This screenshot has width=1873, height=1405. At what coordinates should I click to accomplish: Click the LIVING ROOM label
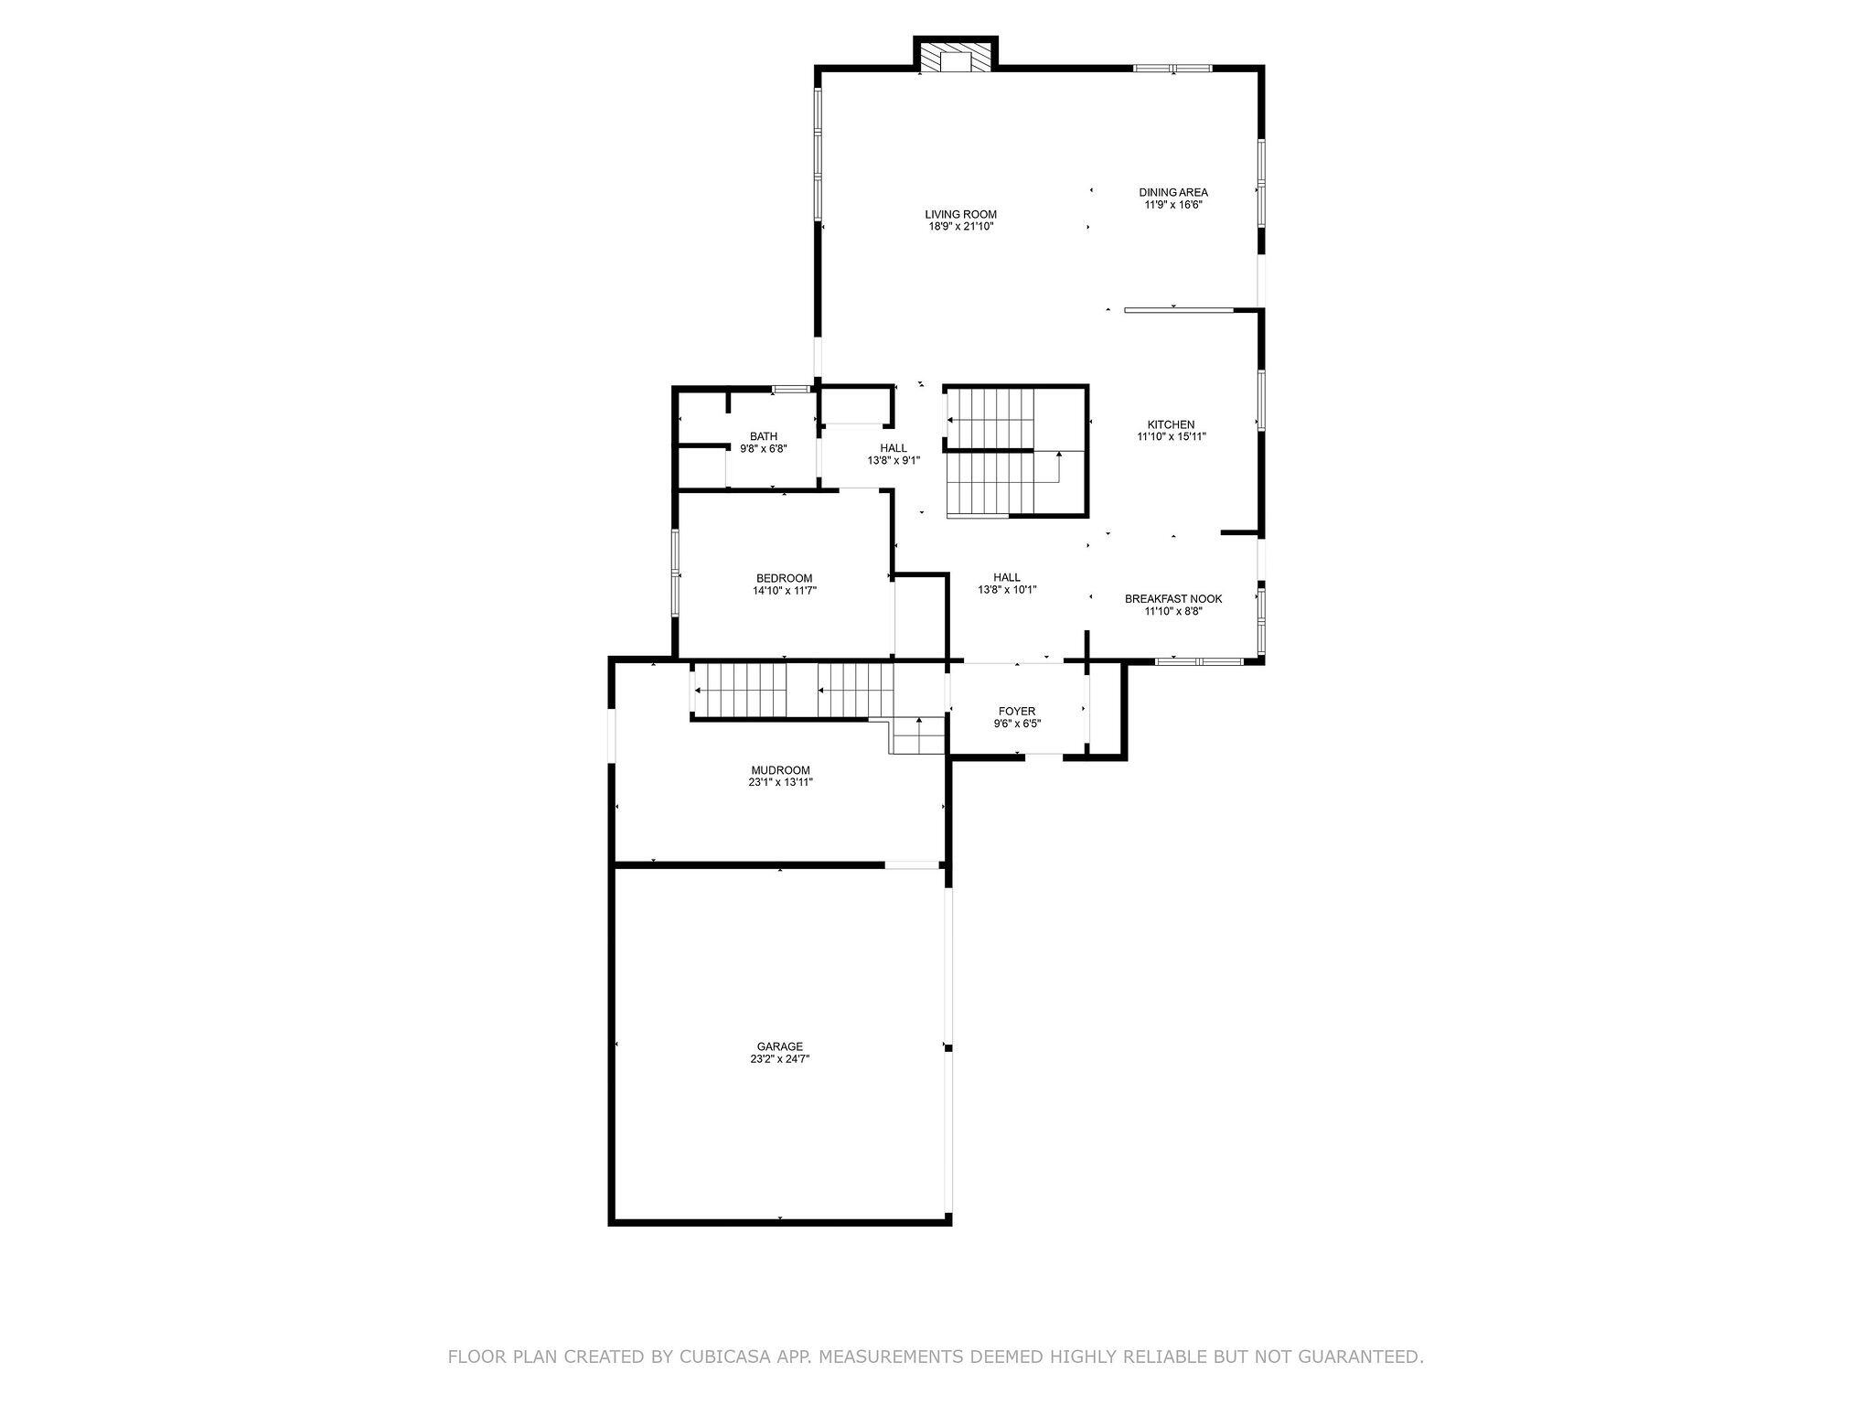(x=960, y=215)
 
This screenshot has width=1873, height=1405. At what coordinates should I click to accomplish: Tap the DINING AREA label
(x=1173, y=192)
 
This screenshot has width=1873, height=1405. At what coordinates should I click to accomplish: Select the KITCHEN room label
(x=1171, y=424)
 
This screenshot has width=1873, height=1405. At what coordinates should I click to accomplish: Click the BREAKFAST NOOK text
(x=1173, y=599)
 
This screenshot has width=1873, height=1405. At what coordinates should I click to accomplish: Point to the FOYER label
(x=1017, y=711)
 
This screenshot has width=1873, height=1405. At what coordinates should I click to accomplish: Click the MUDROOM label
(x=780, y=770)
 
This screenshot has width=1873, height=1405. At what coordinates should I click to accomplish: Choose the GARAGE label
(x=780, y=1046)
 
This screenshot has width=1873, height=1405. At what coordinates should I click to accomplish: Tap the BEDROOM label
(x=784, y=578)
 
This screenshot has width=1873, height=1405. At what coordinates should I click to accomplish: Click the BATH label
(x=764, y=436)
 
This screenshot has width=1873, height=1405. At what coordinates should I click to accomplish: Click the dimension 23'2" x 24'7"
(x=780, y=1059)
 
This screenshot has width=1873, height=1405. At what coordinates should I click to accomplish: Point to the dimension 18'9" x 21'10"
(x=960, y=227)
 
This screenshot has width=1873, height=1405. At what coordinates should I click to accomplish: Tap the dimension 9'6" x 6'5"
(x=1017, y=724)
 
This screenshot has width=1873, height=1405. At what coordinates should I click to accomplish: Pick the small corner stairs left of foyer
(x=917, y=735)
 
